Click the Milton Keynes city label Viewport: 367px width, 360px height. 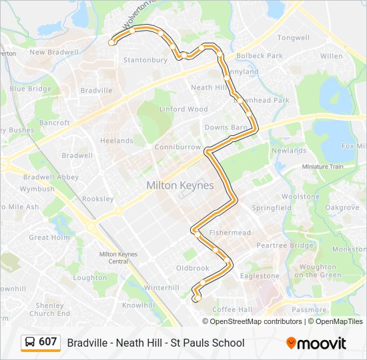pos(180,185)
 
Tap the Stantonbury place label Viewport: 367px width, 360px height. pos(145,60)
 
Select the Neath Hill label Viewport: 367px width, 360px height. pos(210,87)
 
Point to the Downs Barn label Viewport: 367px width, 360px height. pos(226,127)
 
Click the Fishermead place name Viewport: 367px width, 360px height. pos(230,233)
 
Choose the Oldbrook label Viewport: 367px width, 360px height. pos(192,268)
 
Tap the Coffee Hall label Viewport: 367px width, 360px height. pos(232,309)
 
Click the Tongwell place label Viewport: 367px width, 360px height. pos(293,38)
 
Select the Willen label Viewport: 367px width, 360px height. pos(331,57)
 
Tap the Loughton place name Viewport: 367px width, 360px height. pos(89,278)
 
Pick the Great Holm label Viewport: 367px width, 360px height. pos(49,237)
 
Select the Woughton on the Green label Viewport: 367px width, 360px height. pos(317,271)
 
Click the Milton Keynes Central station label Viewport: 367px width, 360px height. pos(117,257)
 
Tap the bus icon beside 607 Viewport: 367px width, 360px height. pos(29,343)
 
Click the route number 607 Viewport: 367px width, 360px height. pos(47,342)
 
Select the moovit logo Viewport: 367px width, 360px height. pos(316,343)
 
